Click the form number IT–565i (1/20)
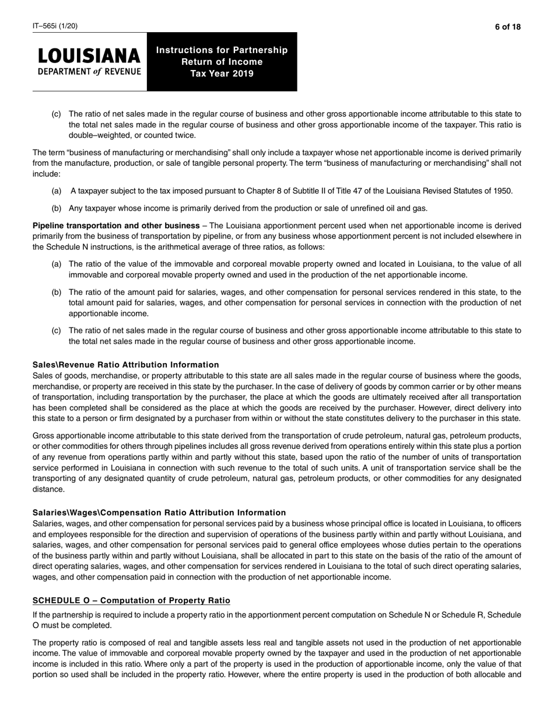pos(55,26)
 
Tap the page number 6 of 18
pos(507,26)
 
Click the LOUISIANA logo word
pos(89,57)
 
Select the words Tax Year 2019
pos(222,74)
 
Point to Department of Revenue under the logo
pos(89,72)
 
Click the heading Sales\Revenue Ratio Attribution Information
pos(125,365)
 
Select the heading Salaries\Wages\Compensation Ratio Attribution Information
pos(159,513)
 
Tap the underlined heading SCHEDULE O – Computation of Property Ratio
pos(131,601)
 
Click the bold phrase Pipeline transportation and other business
pos(116,225)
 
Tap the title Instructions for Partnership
pos(222,50)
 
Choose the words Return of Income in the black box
pos(222,62)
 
